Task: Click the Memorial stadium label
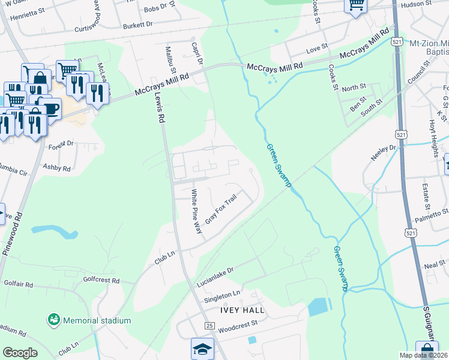(97, 320)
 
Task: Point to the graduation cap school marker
(202, 347)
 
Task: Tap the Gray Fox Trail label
(221, 209)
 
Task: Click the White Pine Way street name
(196, 211)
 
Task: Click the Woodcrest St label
(238, 325)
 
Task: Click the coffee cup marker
(51, 108)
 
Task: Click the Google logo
(20, 352)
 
